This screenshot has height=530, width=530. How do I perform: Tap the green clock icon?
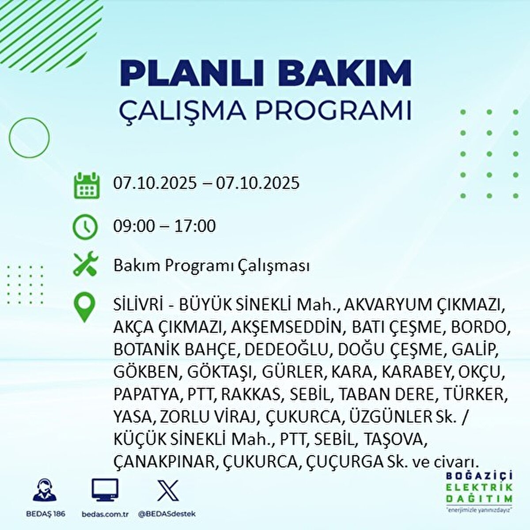click(85, 227)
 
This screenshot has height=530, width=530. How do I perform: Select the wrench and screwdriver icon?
click(85, 264)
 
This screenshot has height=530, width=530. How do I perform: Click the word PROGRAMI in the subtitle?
click(333, 110)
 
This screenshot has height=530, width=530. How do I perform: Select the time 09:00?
click(134, 226)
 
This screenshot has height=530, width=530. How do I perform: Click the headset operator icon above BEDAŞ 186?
click(45, 490)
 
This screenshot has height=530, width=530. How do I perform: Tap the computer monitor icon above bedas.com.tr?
click(105, 489)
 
